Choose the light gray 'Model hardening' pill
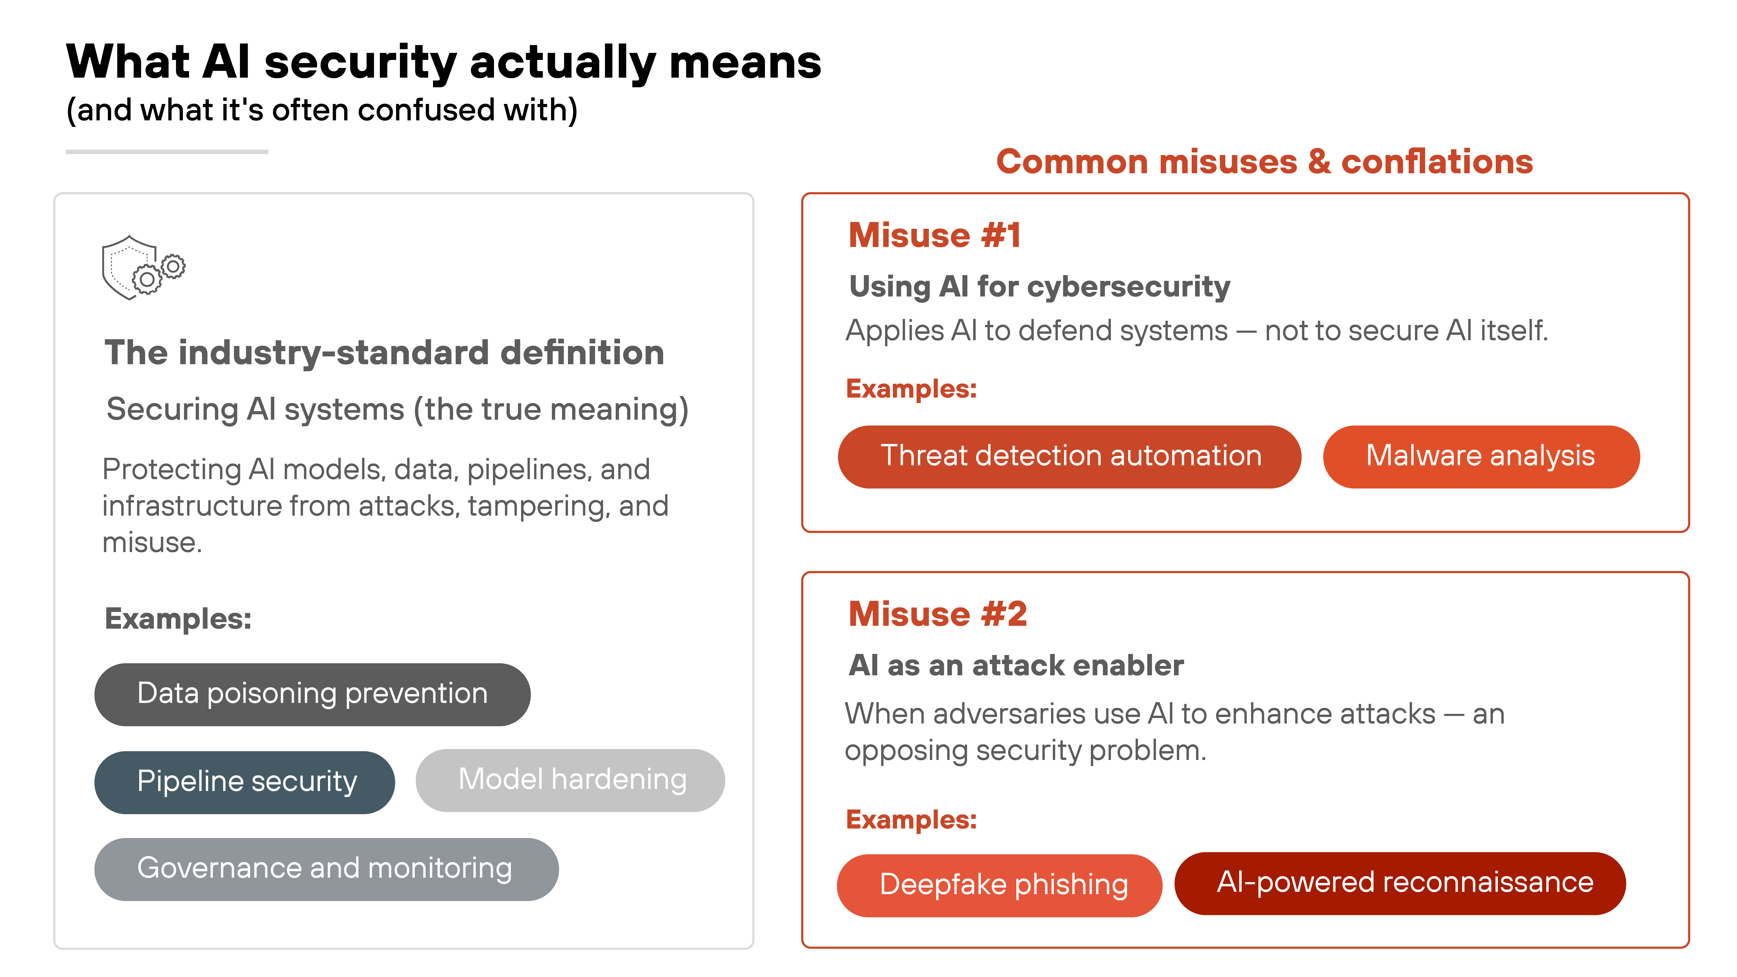pos(571,780)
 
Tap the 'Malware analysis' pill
pos(1481,456)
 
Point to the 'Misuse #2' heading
pos(937,614)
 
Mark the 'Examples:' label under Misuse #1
pos(911,389)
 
